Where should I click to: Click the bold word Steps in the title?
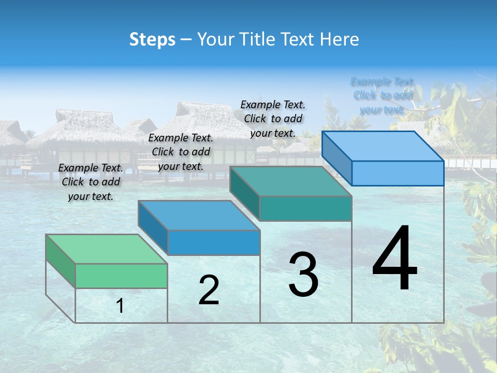click(x=152, y=39)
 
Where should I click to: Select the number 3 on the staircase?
click(x=303, y=275)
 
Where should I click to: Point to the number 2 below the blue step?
click(x=209, y=290)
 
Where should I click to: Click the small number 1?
click(x=120, y=306)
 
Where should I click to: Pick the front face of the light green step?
click(x=121, y=276)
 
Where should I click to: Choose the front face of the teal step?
click(x=305, y=208)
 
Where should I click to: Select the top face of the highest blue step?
click(x=383, y=146)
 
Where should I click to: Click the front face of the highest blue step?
click(x=398, y=173)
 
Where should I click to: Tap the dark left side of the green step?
click(x=61, y=260)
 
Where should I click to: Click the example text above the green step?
click(x=91, y=182)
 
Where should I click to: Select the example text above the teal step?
click(x=273, y=119)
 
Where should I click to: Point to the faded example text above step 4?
click(x=383, y=95)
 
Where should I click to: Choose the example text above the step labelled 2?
click(x=181, y=152)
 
